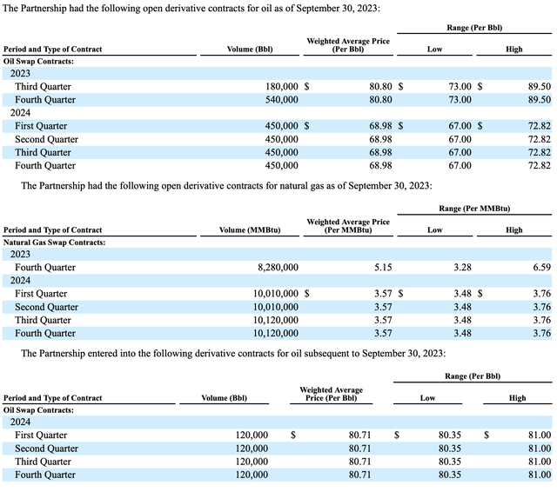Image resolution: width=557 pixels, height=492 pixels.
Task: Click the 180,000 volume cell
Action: pyautogui.click(x=281, y=87)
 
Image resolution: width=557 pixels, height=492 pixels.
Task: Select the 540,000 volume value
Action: pyautogui.click(x=281, y=100)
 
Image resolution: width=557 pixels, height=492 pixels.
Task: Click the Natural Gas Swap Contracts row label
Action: pyautogui.click(x=55, y=242)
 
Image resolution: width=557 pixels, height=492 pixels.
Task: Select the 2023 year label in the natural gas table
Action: pyautogui.click(x=20, y=255)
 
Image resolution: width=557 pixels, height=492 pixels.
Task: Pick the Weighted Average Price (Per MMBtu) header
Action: pyautogui.click(x=348, y=226)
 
